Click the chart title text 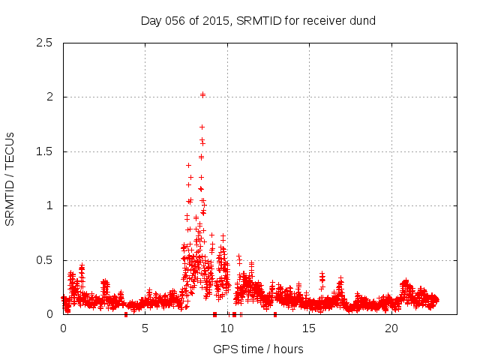click(258, 20)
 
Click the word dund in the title click(362, 20)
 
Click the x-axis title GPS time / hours click(258, 349)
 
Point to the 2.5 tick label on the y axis click(45, 43)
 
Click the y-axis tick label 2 click(49, 97)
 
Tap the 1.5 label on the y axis click(45, 151)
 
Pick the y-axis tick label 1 click(49, 205)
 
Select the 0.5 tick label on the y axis click(45, 260)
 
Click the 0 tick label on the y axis click(49, 314)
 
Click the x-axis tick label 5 click(145, 328)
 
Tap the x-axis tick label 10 click(227, 328)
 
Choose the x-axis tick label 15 click(310, 328)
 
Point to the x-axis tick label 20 click(391, 328)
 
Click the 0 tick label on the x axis click(63, 328)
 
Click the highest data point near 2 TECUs click(203, 94)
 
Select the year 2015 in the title click(215, 20)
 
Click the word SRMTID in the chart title click(259, 20)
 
